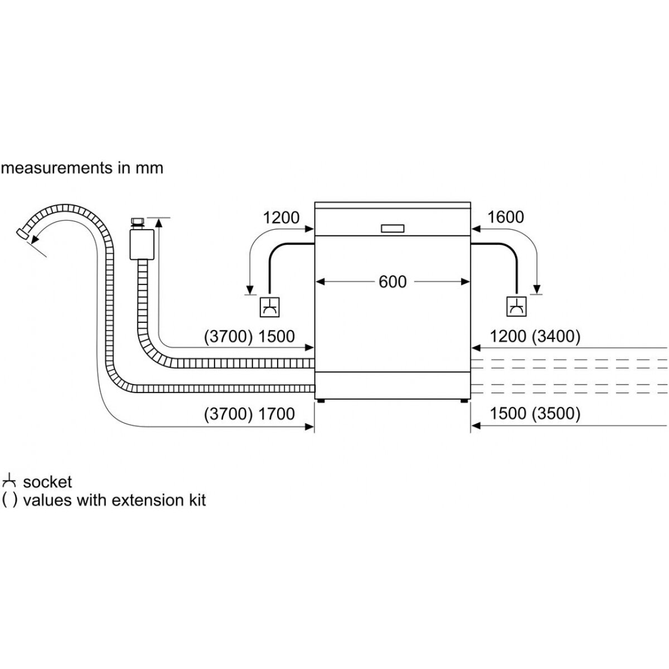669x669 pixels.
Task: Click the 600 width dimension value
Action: click(x=392, y=282)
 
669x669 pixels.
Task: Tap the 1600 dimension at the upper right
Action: click(x=505, y=217)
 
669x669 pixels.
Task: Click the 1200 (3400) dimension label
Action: click(x=535, y=336)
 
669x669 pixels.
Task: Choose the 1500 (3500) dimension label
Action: click(x=535, y=414)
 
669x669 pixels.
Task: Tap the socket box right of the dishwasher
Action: click(x=516, y=307)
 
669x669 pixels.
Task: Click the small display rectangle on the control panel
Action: click(x=393, y=228)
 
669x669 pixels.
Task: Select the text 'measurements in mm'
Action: click(x=83, y=168)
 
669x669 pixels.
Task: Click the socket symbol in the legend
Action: click(x=9, y=481)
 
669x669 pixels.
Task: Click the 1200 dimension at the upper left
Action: click(x=281, y=217)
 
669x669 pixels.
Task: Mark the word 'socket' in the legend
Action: click(x=47, y=482)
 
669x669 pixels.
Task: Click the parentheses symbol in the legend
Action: click(x=9, y=500)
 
